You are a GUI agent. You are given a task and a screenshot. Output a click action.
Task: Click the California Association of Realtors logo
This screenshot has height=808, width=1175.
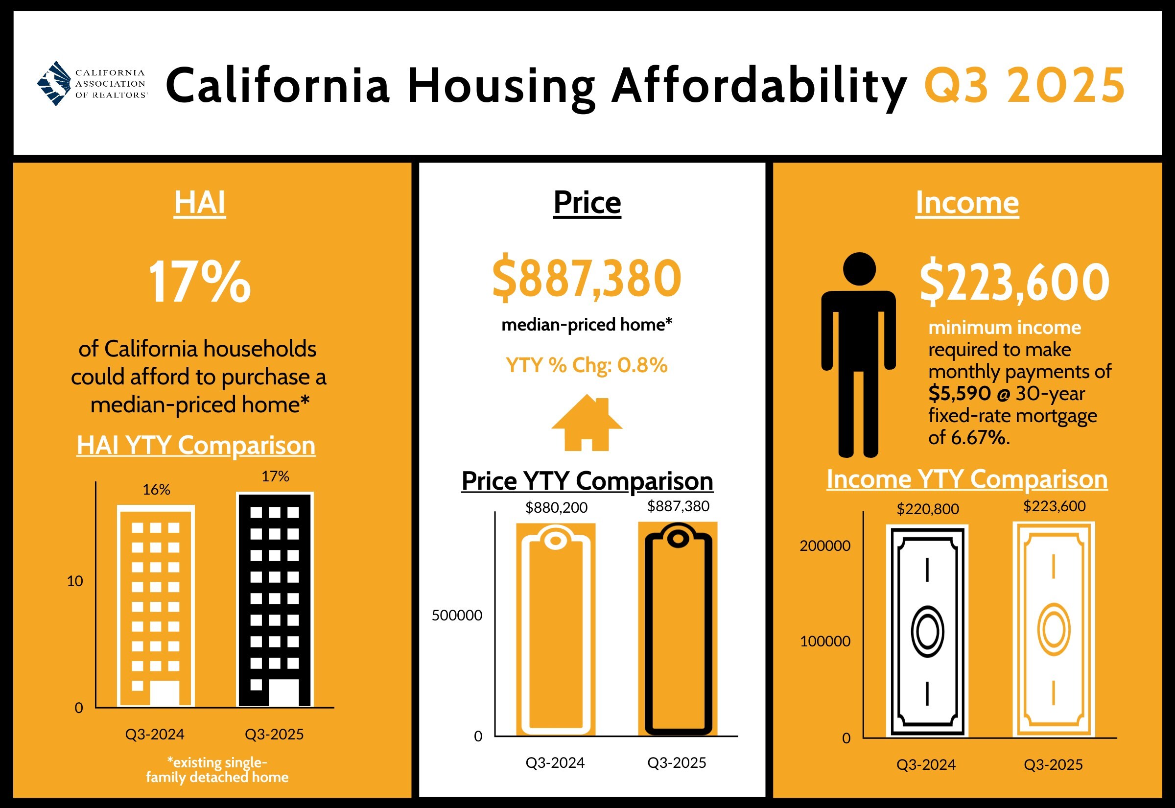coord(92,84)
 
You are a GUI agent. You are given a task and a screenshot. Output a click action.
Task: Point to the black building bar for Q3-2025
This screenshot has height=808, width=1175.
coord(275,600)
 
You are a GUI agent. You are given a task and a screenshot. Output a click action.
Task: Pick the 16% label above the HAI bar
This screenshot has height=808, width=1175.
coord(156,490)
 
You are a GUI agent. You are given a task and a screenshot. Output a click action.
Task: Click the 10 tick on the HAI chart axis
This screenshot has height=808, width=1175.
coord(75,581)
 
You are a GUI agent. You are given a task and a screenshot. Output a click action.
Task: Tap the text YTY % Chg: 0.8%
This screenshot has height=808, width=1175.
coord(587,365)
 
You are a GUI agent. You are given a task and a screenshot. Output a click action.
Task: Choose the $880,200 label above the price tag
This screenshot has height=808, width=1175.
coord(556,507)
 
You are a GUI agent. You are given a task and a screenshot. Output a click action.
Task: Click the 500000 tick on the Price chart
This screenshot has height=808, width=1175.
coord(457,615)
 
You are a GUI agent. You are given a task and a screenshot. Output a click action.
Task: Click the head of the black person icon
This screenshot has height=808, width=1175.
coord(859,269)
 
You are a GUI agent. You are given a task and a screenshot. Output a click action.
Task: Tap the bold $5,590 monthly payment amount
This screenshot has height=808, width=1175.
coord(959,393)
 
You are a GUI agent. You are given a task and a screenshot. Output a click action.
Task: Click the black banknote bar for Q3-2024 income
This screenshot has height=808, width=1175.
coord(927,631)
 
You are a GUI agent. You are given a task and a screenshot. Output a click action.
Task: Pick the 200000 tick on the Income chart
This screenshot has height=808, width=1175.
coord(825,546)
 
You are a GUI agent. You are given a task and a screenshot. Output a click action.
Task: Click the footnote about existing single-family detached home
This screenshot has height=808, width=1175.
coord(217,769)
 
